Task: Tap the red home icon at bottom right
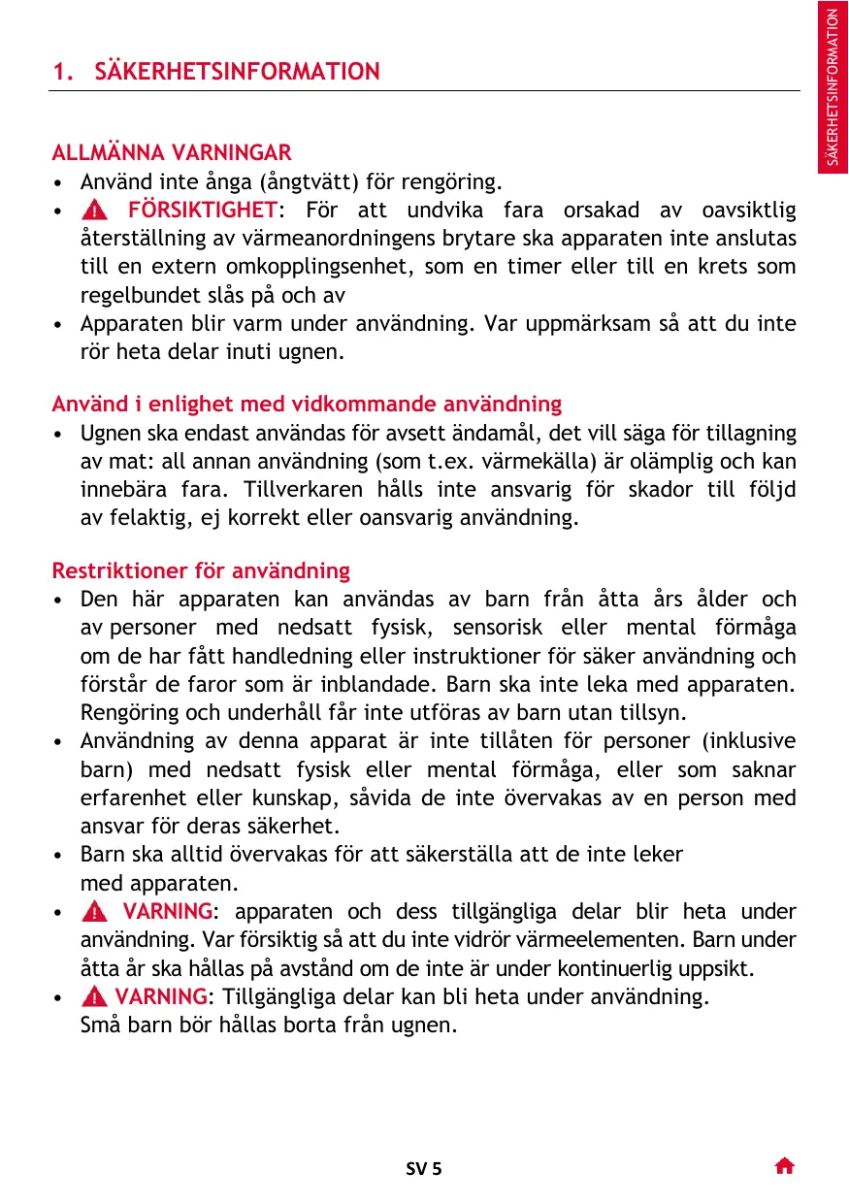tap(785, 1166)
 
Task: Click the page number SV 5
tap(424, 1168)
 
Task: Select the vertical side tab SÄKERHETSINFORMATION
tap(833, 87)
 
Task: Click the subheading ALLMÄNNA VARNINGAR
tap(172, 153)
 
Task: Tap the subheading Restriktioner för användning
tap(201, 570)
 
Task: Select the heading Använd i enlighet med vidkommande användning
tap(307, 404)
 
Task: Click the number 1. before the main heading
tap(63, 72)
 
